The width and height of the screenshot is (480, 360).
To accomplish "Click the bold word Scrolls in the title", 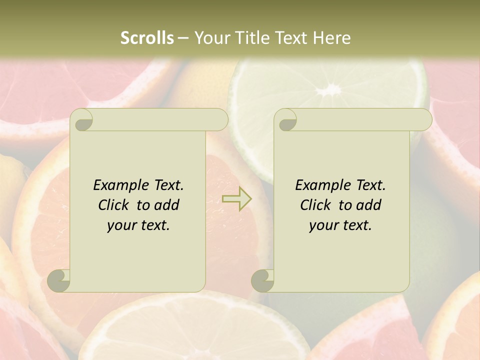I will click(x=147, y=38).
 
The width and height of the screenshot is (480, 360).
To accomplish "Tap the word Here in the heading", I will click(x=331, y=38).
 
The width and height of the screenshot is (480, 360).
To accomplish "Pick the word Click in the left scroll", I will click(x=115, y=205).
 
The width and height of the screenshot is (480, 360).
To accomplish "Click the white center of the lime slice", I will click(x=329, y=90).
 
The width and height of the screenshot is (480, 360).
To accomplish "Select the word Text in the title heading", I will click(x=291, y=38).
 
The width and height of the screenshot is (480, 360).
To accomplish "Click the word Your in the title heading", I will click(x=211, y=38).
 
